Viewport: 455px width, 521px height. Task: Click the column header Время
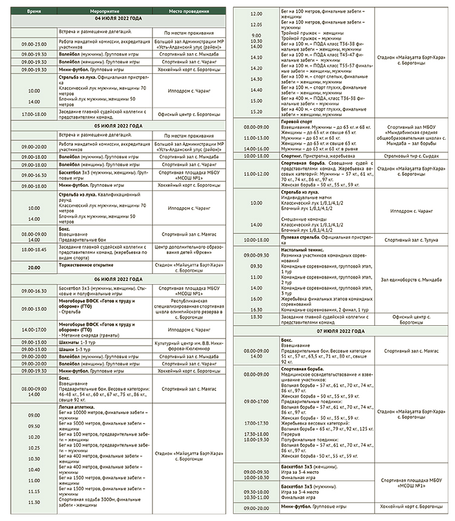[34, 11]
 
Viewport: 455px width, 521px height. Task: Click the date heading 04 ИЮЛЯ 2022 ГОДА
[119, 19]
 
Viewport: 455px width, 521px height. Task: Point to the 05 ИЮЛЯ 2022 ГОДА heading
[119, 126]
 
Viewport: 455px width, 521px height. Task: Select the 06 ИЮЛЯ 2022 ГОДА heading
[119, 279]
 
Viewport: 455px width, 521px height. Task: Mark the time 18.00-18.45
[34, 249]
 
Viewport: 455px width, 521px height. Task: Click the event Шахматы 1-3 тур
[76, 342]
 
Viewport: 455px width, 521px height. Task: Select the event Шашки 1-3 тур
[74, 349]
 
